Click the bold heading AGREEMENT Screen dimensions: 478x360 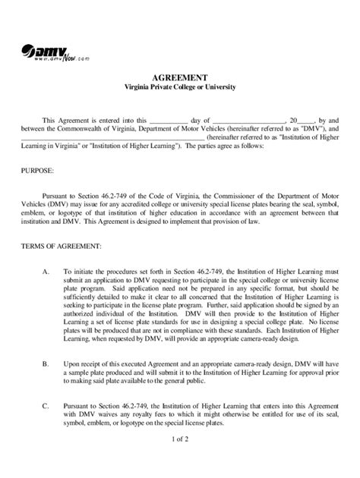[180, 77]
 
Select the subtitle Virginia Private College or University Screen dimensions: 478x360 [180, 88]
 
